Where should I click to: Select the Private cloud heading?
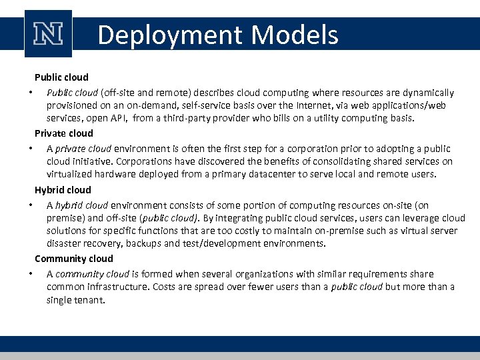[x=64, y=133]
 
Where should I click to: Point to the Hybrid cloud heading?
[x=63, y=190]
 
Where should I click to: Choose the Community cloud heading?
[x=74, y=259]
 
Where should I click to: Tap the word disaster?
[x=64, y=243]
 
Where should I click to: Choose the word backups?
[x=148, y=243]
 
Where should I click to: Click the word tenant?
[x=91, y=300]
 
